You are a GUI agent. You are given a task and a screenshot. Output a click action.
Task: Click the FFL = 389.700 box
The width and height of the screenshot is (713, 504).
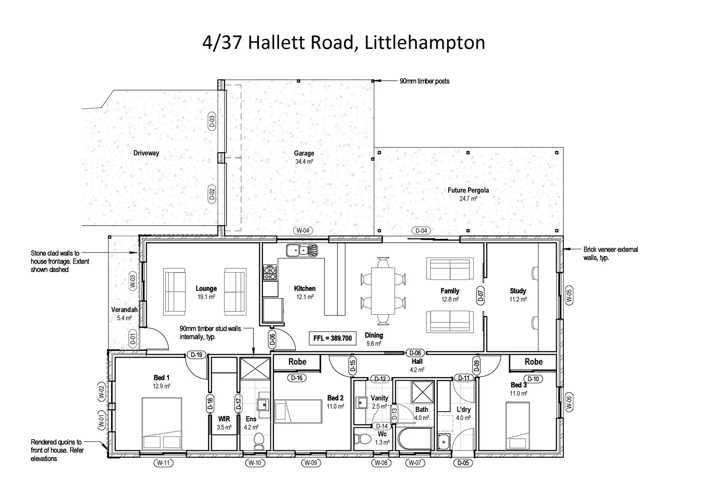tap(333, 338)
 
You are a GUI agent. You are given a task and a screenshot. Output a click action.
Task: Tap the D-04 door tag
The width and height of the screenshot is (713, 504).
tap(421, 231)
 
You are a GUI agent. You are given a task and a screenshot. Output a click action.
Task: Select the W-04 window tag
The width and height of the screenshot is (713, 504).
tap(302, 231)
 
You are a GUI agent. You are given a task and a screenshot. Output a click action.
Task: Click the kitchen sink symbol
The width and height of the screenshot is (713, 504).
tap(301, 251)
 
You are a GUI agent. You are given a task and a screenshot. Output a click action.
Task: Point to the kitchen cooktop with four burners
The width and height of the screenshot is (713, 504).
tap(270, 273)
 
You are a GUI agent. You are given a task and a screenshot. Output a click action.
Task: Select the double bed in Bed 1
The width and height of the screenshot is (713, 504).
tap(162, 423)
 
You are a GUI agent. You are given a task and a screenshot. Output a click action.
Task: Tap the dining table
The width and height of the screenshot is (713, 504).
tap(383, 290)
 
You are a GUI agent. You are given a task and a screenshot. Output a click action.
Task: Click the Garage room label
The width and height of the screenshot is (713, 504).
tap(304, 153)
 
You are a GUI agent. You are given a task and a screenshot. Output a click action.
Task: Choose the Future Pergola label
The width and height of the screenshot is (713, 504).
tap(468, 190)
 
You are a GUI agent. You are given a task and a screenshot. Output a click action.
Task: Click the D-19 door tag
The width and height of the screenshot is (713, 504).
tap(197, 355)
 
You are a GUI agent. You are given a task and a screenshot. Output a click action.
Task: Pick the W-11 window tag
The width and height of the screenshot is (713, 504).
tap(163, 463)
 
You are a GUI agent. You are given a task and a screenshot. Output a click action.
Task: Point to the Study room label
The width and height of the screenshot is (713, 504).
tap(518, 291)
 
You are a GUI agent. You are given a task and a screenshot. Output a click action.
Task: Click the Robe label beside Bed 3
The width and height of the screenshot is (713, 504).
tap(533, 362)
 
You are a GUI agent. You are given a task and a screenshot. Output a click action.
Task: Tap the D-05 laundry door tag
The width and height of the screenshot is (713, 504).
tap(463, 463)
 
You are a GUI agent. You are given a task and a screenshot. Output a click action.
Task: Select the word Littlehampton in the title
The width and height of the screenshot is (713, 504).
tap(425, 42)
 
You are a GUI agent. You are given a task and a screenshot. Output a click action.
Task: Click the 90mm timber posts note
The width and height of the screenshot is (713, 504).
tap(424, 81)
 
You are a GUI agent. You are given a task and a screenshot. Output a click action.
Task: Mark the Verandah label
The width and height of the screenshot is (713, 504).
tap(124, 310)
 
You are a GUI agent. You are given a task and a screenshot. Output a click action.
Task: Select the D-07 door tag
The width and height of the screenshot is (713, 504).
tap(481, 296)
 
